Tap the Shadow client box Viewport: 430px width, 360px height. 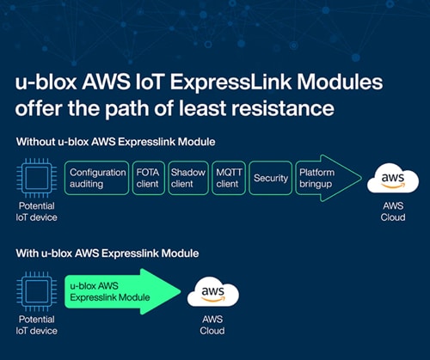188,178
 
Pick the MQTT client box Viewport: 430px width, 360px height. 228,178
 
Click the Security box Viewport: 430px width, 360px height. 270,178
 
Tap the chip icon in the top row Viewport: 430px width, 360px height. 36,178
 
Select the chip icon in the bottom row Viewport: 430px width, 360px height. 36,290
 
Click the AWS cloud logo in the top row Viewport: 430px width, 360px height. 392,180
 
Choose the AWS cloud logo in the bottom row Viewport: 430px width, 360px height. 212,292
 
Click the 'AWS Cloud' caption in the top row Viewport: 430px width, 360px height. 392,213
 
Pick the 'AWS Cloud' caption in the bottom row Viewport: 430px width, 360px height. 212,325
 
